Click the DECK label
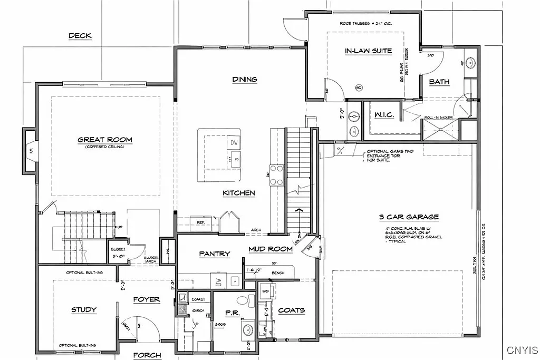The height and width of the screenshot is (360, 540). click(x=80, y=36)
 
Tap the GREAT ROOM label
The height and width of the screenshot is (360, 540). click(x=105, y=140)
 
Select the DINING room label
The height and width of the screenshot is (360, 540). click(x=245, y=80)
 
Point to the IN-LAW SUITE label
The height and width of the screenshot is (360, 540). click(x=368, y=51)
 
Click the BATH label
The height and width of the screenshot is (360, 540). click(x=439, y=82)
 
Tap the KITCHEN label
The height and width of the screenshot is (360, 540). click(x=239, y=193)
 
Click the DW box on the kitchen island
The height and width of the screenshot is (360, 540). click(x=234, y=143)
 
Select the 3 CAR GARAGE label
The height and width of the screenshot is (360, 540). click(x=409, y=217)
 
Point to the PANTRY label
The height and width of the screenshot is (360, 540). click(x=215, y=254)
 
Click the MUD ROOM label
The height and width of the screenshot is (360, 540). click(x=271, y=249)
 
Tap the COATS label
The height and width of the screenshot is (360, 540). click(x=291, y=310)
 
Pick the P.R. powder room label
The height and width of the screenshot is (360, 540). click(x=233, y=313)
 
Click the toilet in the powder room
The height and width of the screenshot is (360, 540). click(x=243, y=300)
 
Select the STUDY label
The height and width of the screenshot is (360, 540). click(x=84, y=309)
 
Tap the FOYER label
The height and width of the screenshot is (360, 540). click(x=146, y=299)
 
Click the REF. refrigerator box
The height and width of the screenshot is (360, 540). click(x=200, y=223)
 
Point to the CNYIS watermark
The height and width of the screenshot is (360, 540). click(x=522, y=349)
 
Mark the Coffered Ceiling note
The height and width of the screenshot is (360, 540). click(x=105, y=147)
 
